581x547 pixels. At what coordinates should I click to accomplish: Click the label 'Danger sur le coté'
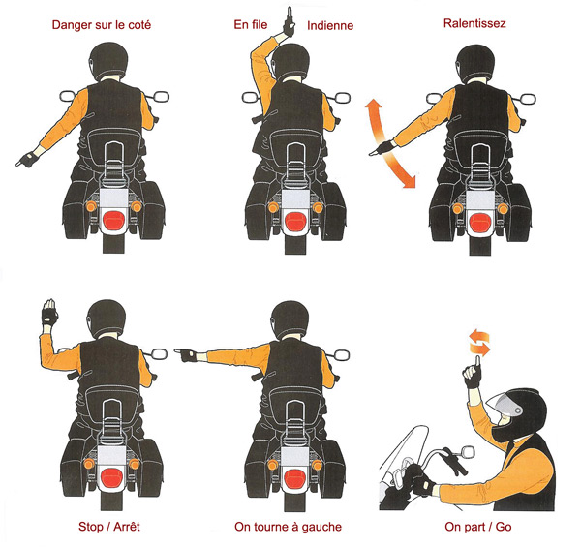tap(101, 25)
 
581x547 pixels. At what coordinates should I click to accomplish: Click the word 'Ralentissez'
tap(474, 23)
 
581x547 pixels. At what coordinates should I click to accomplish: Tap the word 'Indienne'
tap(330, 25)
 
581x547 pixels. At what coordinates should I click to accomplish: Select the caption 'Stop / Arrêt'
tap(108, 527)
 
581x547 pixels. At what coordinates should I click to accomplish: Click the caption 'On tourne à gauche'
tap(288, 527)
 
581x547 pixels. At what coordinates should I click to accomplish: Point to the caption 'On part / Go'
tap(478, 527)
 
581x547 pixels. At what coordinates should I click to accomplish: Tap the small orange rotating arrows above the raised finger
tap(479, 343)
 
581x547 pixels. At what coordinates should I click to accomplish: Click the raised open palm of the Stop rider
tap(49, 312)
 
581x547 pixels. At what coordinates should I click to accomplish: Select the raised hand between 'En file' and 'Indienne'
tap(288, 23)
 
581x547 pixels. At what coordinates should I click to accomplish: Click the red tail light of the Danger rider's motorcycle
tap(113, 221)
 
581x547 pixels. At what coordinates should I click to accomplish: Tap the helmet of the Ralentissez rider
tap(475, 63)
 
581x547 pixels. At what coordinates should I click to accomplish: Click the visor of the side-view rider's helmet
tap(500, 405)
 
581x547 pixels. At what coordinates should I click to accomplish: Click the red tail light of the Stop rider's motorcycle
tap(112, 477)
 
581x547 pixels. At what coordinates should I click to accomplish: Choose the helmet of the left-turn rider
tap(290, 319)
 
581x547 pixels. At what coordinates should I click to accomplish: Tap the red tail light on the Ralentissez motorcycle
tap(480, 222)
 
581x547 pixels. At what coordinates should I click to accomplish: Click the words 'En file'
tap(251, 24)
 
